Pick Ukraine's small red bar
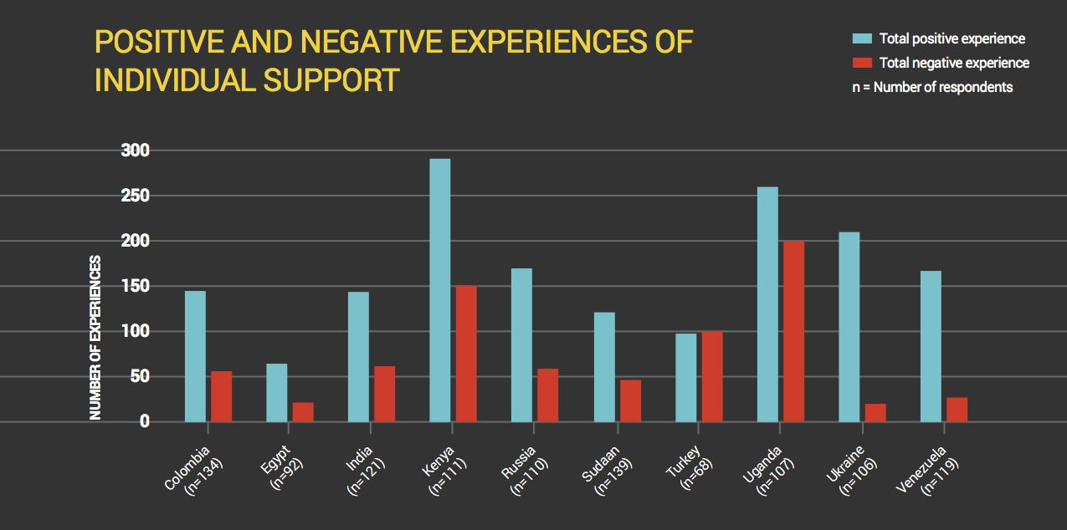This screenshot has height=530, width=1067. pos(875,413)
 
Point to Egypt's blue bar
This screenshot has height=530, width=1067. pos(276,393)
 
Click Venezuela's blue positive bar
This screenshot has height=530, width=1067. pos(930,346)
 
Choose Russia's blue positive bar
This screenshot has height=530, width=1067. pos(521,344)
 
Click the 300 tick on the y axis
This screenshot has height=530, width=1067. pos(133,151)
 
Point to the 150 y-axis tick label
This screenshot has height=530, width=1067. pos(133,287)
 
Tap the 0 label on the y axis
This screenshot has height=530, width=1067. pos(144,422)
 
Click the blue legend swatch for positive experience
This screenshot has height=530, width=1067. pos(862,38)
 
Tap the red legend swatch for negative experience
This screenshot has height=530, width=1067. pos(862,63)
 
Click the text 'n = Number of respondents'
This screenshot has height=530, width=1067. pos(932,87)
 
